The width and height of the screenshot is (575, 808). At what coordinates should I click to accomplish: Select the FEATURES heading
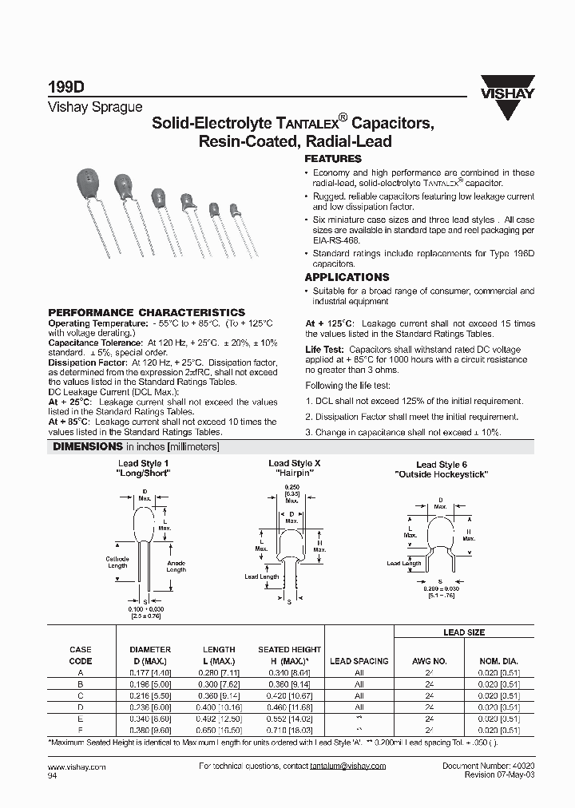(333, 159)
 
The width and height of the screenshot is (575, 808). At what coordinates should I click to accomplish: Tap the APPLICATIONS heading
(347, 277)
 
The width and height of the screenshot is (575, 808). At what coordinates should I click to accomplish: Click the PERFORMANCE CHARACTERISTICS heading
(147, 312)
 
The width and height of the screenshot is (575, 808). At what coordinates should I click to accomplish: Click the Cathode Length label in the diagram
(117, 562)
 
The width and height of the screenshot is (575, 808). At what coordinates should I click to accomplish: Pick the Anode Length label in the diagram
(176, 566)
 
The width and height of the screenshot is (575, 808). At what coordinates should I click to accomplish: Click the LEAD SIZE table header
(464, 632)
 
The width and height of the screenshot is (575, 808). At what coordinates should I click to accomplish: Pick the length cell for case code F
(219, 730)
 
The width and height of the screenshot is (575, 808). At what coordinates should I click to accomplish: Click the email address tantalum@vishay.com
(347, 766)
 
